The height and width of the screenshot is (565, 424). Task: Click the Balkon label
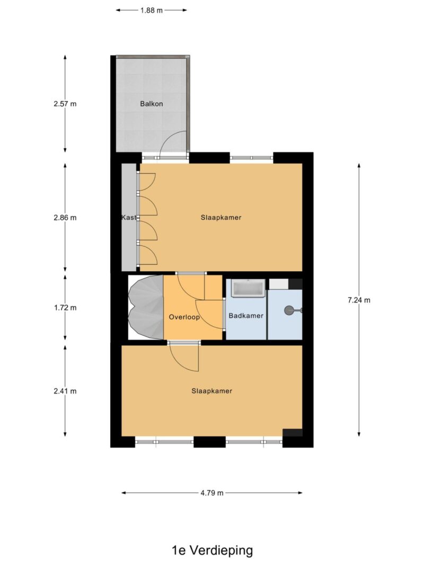pos(152,104)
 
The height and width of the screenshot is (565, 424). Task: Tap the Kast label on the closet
pos(128,218)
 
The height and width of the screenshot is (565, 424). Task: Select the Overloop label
pos(184,317)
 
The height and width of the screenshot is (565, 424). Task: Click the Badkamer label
pos(245,316)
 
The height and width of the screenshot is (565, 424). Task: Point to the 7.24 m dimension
pos(359,300)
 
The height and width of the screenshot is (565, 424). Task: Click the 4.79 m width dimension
pos(212,493)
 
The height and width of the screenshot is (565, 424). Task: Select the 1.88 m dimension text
pos(152,10)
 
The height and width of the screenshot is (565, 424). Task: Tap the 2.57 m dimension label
pos(65,104)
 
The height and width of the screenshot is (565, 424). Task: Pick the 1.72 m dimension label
pos(65,308)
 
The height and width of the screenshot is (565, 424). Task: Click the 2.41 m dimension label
pos(65,391)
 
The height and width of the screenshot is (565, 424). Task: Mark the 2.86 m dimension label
pos(65,218)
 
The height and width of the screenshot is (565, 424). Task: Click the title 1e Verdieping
pos(212,550)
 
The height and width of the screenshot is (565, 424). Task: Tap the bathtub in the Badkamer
pos(249,289)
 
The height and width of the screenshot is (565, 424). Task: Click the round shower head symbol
pos(289,311)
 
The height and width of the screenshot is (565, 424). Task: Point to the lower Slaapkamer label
pos(212,391)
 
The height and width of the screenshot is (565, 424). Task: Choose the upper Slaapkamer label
pos(221,218)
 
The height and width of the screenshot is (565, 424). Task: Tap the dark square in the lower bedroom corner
pos(293,433)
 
